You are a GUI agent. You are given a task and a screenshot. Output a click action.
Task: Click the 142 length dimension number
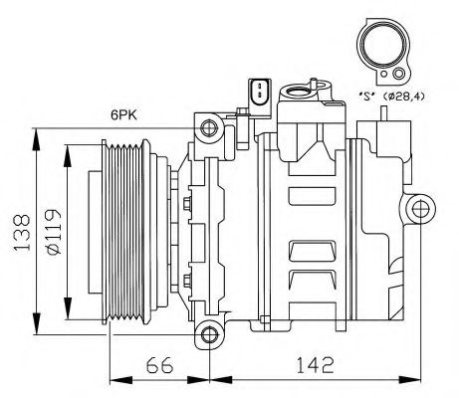pyautogui.click(x=313, y=365)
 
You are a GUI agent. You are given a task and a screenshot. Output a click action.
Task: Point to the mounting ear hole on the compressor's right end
pyautogui.click(x=418, y=208)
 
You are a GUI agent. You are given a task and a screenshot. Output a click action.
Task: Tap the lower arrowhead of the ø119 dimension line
pyautogui.click(x=65, y=306)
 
